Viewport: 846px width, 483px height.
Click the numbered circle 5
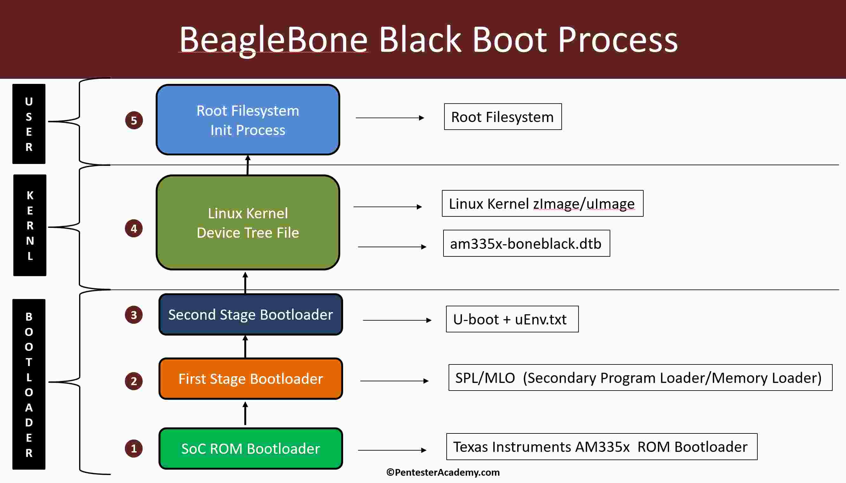point(134,120)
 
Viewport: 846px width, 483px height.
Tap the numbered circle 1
point(134,448)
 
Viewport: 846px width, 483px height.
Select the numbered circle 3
point(134,315)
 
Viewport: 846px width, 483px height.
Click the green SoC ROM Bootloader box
point(250,448)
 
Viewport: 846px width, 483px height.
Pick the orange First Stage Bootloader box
point(250,378)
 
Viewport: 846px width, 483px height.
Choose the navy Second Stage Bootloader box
point(250,315)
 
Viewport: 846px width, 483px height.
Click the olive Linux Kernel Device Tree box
point(248,222)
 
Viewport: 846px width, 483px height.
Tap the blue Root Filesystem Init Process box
point(248,120)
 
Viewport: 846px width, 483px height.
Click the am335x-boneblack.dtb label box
point(526,243)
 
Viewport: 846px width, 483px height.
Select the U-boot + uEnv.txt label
point(512,319)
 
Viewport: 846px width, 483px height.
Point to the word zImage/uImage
point(584,204)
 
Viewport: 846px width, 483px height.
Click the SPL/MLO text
point(485,378)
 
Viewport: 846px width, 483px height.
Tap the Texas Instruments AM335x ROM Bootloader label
point(601,446)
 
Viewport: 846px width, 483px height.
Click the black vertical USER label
point(29,124)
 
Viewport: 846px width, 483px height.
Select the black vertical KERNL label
point(30,225)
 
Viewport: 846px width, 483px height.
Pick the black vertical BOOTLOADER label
point(29,384)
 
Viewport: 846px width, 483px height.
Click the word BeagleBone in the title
point(274,40)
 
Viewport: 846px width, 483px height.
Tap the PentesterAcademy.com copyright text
point(443,473)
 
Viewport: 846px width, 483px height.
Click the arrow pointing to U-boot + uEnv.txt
point(397,320)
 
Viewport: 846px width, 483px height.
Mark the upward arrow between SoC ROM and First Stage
point(245,413)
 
